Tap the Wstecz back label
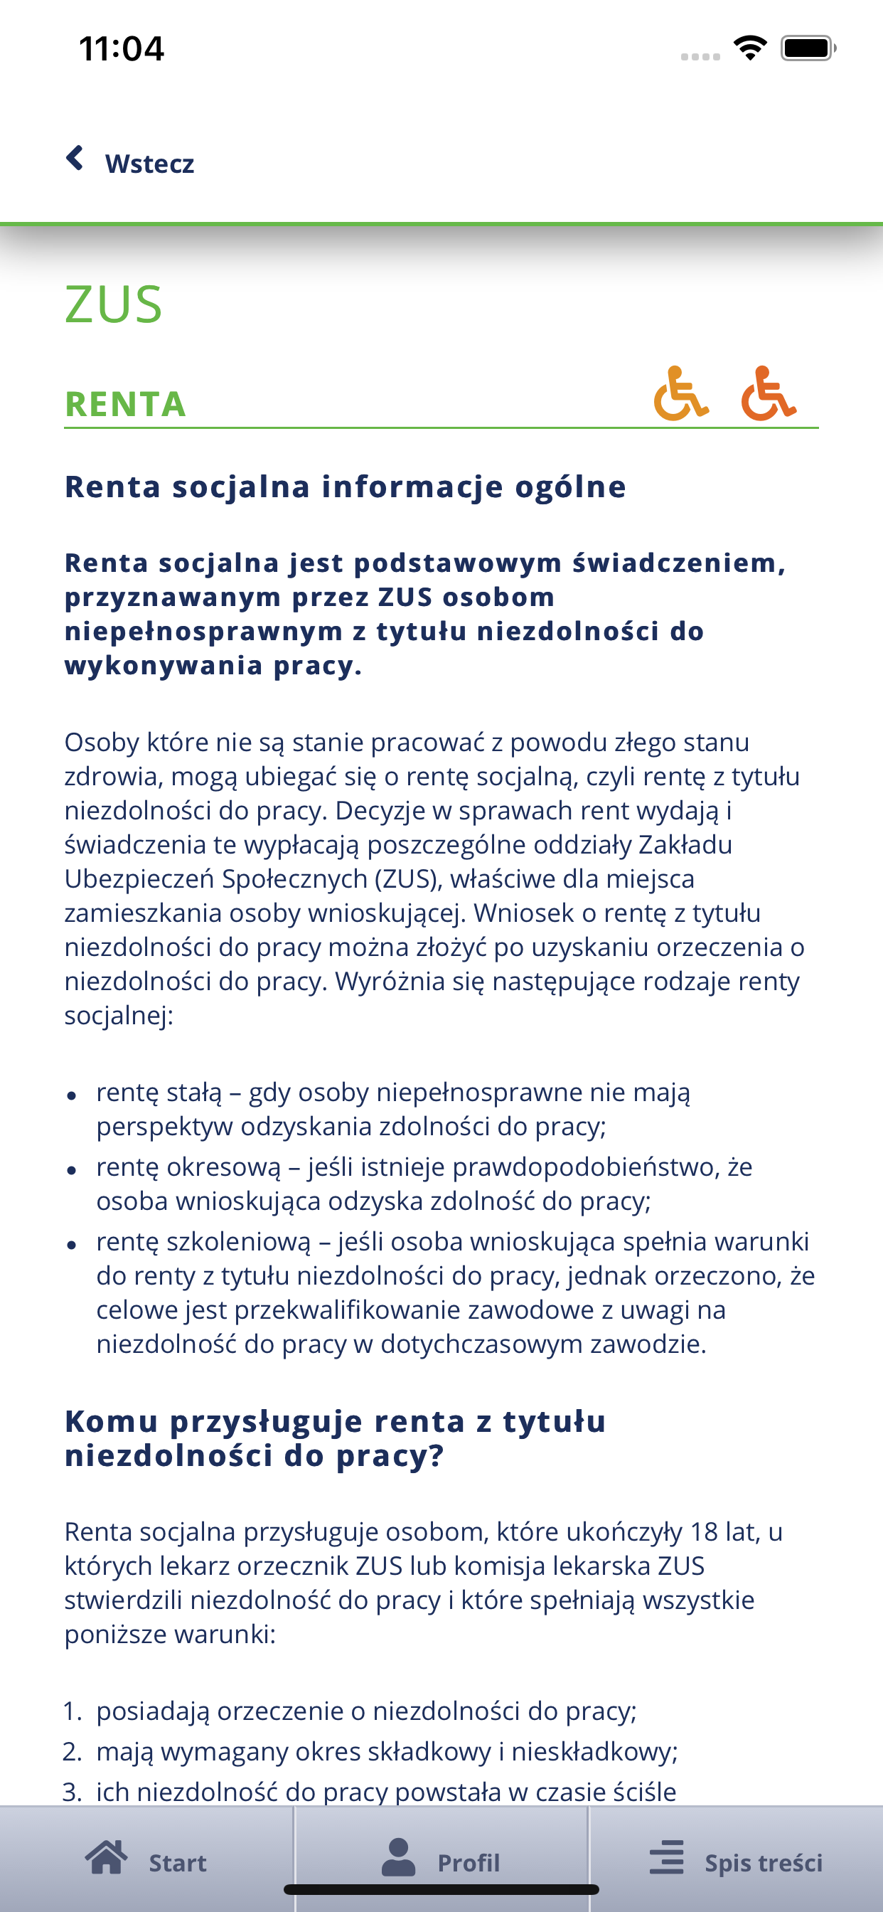(149, 164)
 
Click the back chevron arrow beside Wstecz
(75, 158)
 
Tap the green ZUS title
(114, 304)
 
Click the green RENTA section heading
(125, 405)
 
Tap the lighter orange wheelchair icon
(680, 393)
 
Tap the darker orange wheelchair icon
(768, 393)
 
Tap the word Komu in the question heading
(112, 1421)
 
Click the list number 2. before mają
(73, 1752)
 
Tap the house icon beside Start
(106, 1858)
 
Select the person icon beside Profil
(398, 1858)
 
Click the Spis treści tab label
(763, 1863)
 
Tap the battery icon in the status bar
(808, 49)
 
